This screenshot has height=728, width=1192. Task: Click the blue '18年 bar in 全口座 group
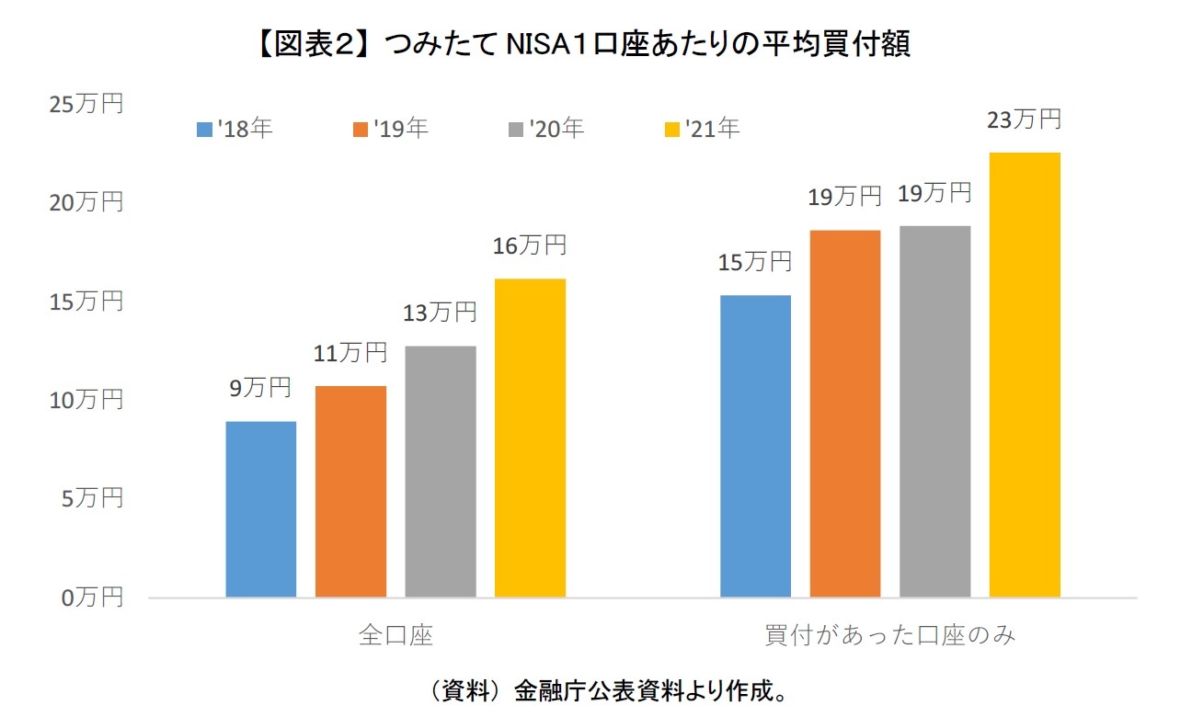(260, 509)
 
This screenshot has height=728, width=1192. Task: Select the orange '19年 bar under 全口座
(350, 492)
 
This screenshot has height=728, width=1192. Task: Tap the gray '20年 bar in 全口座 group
(441, 472)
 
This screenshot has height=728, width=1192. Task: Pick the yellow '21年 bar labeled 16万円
(530, 438)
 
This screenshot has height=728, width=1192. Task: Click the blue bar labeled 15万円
(755, 446)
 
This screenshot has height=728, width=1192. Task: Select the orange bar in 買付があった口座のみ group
(845, 414)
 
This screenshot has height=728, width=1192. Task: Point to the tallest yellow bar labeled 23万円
(1025, 375)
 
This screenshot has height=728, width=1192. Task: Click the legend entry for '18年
(234, 129)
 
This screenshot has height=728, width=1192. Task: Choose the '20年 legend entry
(546, 129)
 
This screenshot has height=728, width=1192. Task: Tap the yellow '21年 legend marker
(670, 130)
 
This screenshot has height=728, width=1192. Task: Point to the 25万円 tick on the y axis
(86, 104)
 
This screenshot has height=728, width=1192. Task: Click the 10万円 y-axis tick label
(86, 400)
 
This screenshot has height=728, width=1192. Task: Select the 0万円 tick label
(92, 597)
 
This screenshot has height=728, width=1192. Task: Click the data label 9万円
(260, 388)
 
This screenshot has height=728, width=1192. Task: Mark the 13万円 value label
(440, 313)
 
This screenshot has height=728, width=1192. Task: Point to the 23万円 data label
(1025, 119)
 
